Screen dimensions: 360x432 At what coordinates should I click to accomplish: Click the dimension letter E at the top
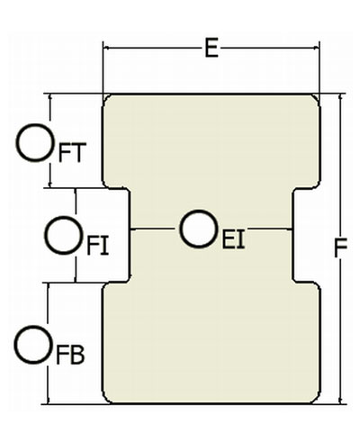coord(211,48)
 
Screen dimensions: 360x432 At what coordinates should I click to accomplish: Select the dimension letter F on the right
coord(340,247)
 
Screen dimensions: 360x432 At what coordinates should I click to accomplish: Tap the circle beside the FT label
coord(35,143)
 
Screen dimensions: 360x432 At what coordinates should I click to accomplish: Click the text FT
coord(72,153)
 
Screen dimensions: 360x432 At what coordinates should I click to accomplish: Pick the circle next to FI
coord(64,236)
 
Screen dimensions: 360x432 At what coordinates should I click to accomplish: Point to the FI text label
coord(97,246)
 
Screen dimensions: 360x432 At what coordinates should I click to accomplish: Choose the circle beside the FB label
coord(33,345)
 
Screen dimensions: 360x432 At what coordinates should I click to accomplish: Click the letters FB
coord(70,355)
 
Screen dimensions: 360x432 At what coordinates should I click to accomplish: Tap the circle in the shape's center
coord(199,229)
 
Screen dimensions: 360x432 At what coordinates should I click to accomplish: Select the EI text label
coord(233,239)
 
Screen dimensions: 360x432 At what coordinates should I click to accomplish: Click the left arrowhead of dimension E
coord(105,48)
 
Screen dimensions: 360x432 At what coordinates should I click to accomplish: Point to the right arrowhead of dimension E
coord(317,48)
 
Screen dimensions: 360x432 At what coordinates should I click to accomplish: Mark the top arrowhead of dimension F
coord(340,96)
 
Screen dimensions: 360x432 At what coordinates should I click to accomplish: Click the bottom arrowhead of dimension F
coord(340,400)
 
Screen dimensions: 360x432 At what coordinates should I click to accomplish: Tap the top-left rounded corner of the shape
coord(106,98)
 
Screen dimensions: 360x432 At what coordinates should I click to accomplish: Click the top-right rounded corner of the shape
coord(316,98)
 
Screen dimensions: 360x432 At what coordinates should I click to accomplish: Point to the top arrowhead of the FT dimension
coord(50,96)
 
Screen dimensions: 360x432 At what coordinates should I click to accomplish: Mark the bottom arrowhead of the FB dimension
coord(48,400)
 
